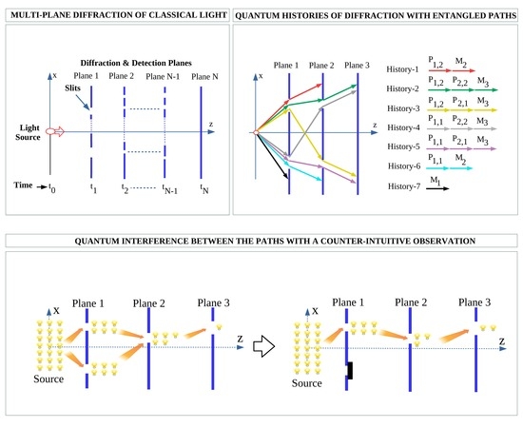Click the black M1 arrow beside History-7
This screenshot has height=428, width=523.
tap(441, 188)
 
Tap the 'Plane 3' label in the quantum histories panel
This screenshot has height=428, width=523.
tap(358, 66)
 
